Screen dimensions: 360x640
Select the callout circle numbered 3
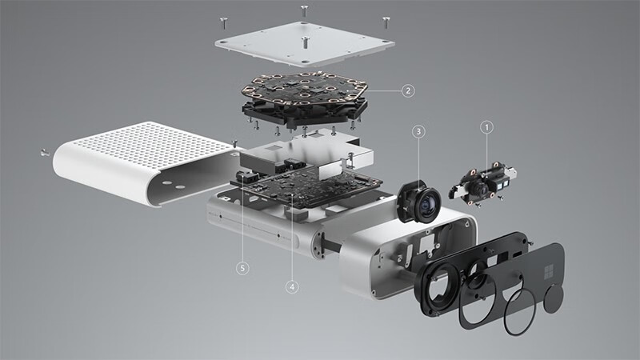(419, 130)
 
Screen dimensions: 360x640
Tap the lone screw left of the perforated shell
(43, 150)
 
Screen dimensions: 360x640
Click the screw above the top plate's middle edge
(305, 10)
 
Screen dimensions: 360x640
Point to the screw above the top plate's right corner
(386, 17)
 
